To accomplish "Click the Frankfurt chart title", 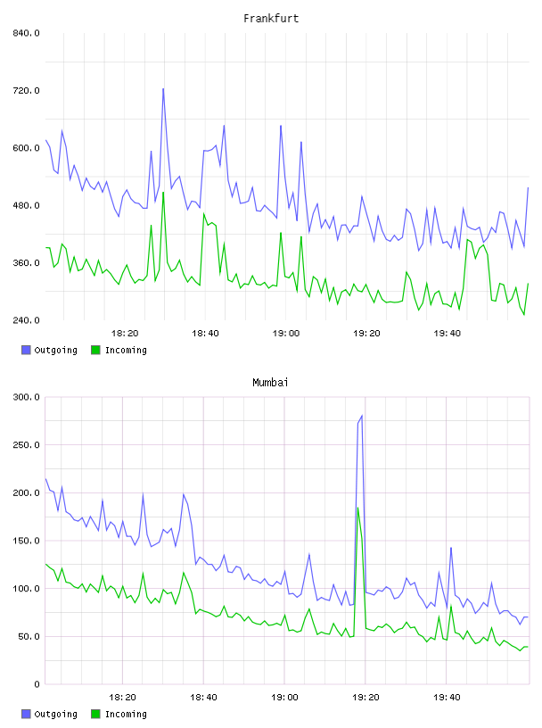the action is point(271,19).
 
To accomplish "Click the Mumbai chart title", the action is point(270,383).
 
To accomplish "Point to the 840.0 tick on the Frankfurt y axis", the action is point(27,33).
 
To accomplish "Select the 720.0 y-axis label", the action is point(27,90).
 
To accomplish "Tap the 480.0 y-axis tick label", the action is point(27,205).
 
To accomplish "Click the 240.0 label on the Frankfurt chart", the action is point(27,320).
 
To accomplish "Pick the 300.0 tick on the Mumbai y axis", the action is point(27,397).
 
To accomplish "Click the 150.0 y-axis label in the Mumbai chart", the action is point(27,541).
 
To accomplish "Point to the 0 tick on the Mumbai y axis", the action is point(37,684).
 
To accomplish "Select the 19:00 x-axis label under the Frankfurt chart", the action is point(286,334).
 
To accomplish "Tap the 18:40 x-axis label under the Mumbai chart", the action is point(203,698).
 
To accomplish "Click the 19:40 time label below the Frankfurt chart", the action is point(448,334).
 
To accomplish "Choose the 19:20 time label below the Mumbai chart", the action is point(365,698).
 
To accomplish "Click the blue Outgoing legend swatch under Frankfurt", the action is point(26,350).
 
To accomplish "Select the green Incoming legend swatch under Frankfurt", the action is point(95,350).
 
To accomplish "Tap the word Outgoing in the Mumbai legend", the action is point(55,714).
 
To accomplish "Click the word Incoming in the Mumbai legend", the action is point(126,714).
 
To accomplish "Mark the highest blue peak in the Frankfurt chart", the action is point(163,88).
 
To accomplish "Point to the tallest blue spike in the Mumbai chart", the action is point(362,416).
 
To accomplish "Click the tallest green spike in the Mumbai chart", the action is point(357,508).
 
